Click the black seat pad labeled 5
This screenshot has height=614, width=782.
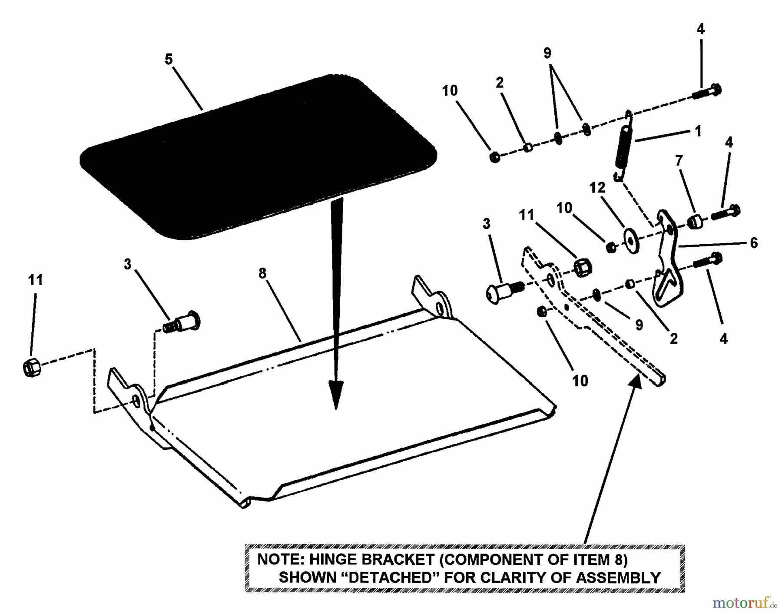[258, 156]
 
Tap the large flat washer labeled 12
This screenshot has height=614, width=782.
[631, 240]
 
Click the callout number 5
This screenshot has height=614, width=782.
[169, 59]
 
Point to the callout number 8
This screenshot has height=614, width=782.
[262, 273]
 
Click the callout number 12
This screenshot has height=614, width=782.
[597, 188]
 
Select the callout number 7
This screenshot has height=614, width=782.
[679, 160]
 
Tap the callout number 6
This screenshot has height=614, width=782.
[754, 242]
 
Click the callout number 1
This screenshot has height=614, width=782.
[698, 131]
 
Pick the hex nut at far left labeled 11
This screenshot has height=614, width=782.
[31, 368]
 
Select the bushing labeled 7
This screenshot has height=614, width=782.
[694, 222]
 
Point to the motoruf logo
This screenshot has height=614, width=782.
[744, 603]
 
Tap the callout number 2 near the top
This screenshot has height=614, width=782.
[500, 82]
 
